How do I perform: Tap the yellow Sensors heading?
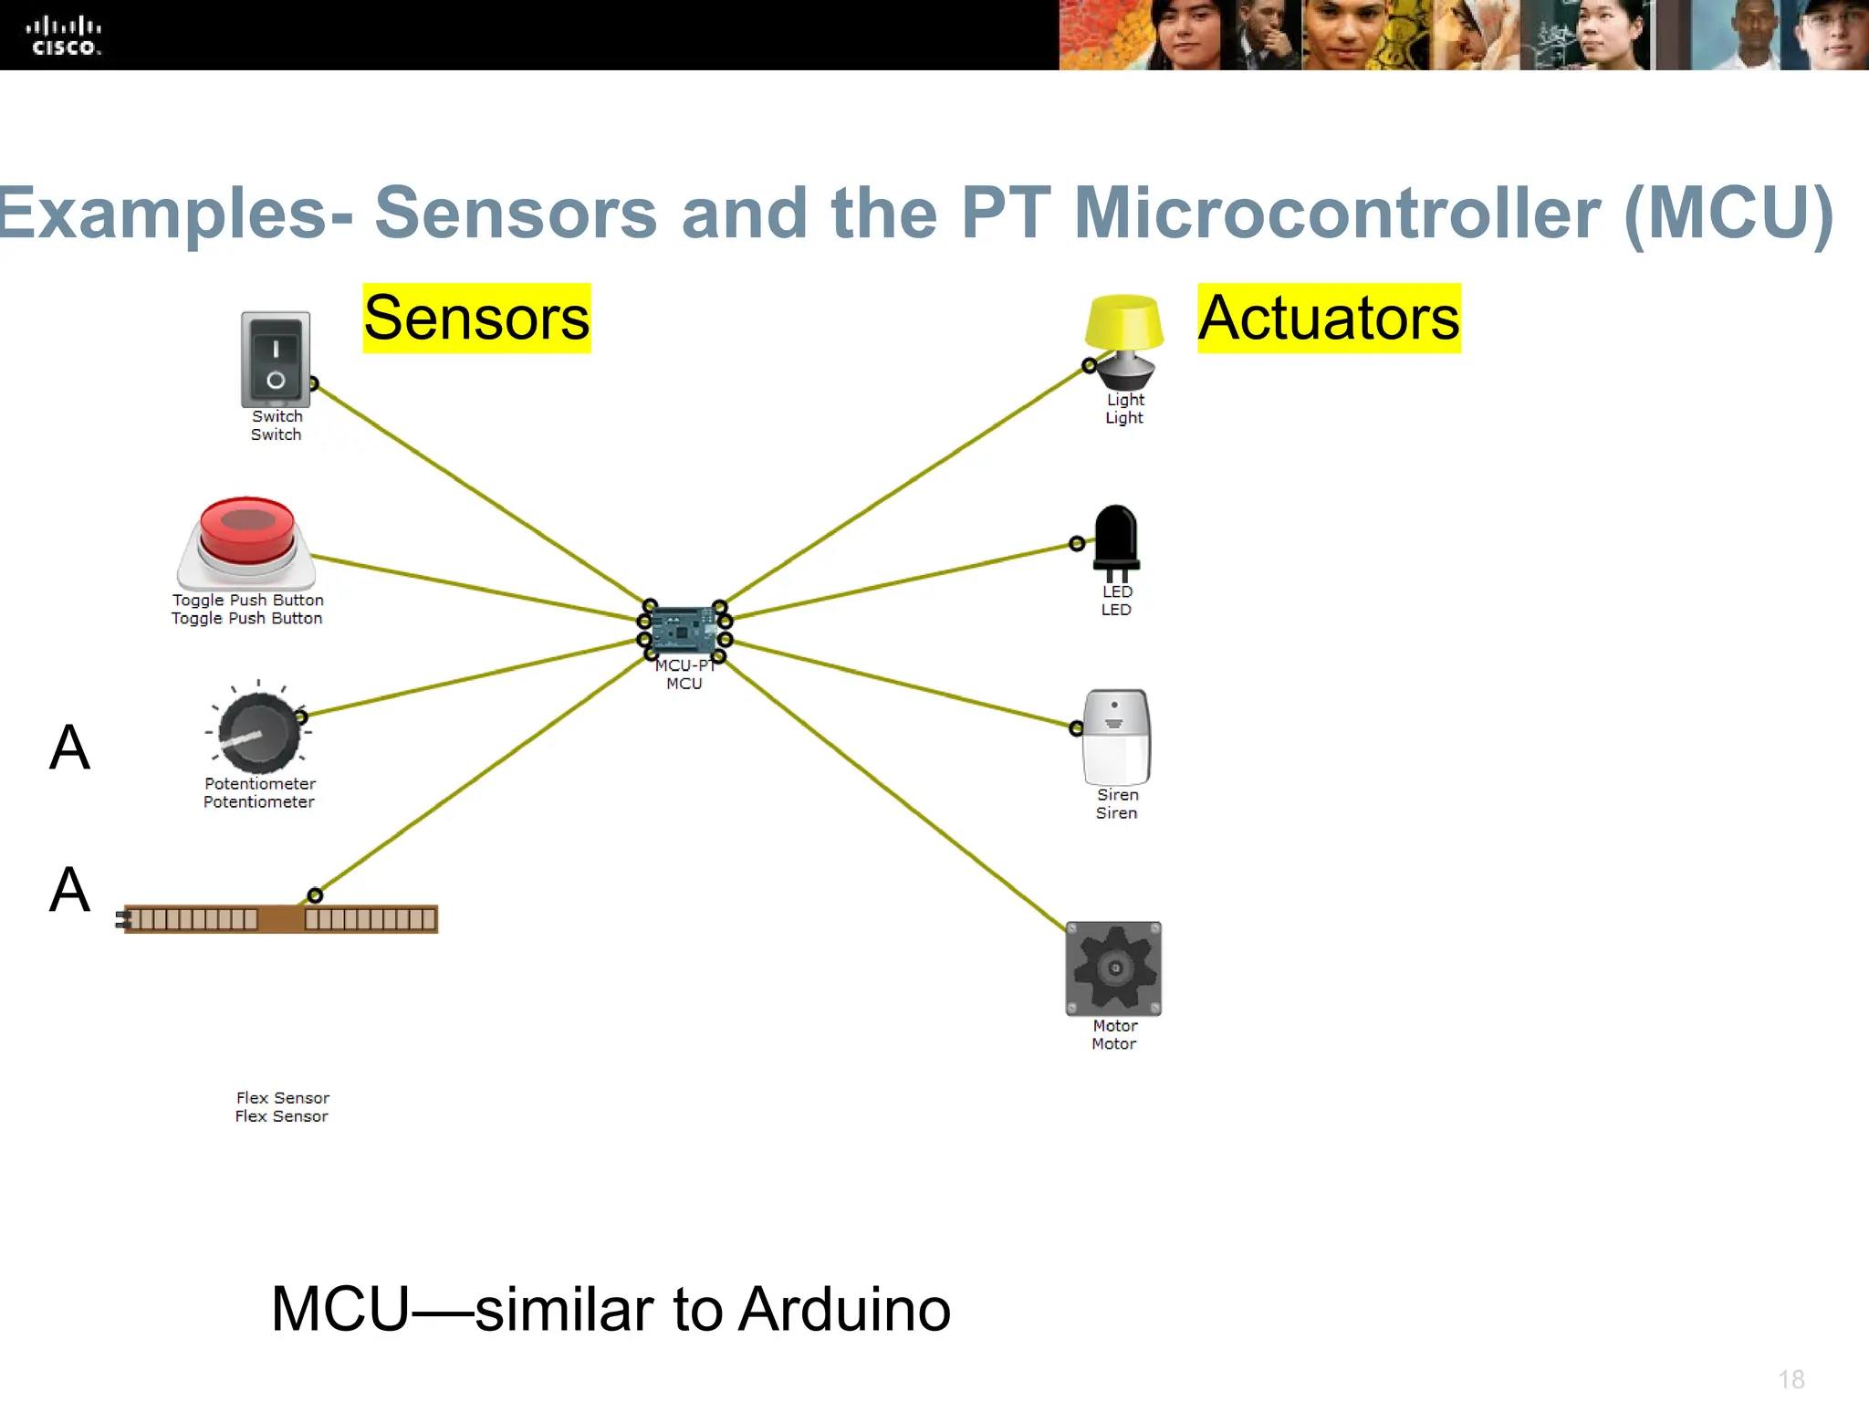click(476, 319)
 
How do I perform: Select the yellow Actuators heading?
click(1329, 319)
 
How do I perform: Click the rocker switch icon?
click(276, 360)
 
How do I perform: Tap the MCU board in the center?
click(684, 631)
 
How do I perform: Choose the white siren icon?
click(1116, 737)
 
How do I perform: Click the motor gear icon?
click(1113, 968)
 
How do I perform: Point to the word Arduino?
click(844, 1310)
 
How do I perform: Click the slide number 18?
click(1791, 1379)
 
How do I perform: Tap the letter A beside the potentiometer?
click(69, 748)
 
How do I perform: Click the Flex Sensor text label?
click(282, 1106)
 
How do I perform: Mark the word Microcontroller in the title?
click(1337, 213)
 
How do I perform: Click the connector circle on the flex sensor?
click(315, 895)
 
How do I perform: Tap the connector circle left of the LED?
click(1077, 544)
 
